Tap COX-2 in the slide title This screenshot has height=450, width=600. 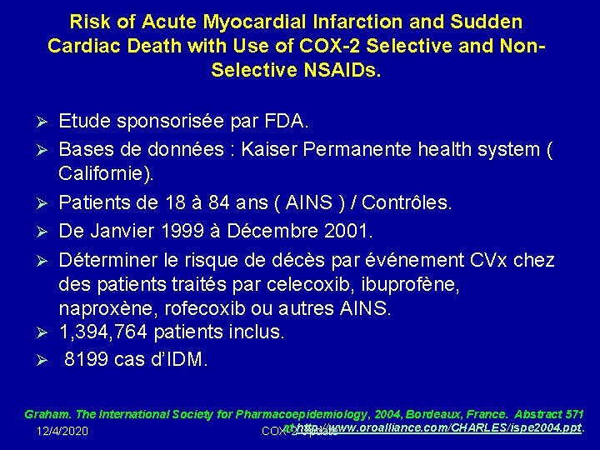[x=309, y=45]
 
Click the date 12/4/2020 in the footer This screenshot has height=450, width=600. [x=63, y=431]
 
